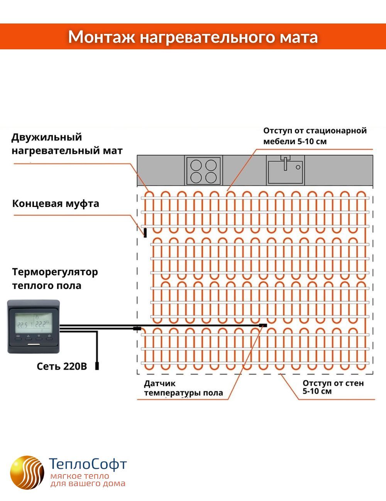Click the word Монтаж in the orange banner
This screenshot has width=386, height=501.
pos(102,37)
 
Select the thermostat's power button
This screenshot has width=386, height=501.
pos(49,337)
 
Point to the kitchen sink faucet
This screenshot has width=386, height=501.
pos(285,163)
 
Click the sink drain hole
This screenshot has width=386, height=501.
pos(298,167)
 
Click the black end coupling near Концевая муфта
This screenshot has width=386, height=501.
pos(145,233)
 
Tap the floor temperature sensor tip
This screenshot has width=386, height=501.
pos(263,325)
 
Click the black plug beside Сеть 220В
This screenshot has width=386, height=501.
pos(97,366)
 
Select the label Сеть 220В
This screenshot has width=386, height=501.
pos(62,366)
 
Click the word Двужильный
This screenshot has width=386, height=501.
pos(47,138)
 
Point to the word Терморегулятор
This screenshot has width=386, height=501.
pos(55,272)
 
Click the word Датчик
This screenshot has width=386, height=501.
pos(159,383)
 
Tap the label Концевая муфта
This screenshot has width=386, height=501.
pos(56,203)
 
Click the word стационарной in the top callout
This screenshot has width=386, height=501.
pos(336,131)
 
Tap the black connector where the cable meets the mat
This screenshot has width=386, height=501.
pos(137,328)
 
